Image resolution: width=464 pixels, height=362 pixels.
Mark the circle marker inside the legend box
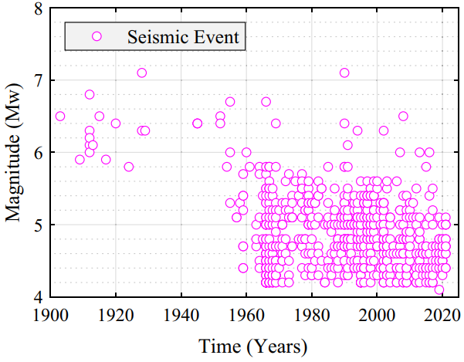coord(97,36)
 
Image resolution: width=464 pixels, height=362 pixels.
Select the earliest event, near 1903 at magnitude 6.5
coord(60,117)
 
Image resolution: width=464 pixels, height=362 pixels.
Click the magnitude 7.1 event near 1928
coord(142,73)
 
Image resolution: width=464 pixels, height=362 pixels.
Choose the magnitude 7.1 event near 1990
coord(344,73)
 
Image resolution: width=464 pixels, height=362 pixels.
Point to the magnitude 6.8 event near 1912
coord(90,95)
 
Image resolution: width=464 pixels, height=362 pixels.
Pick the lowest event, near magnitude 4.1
coord(439,289)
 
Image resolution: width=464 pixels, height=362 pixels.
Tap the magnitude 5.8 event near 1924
coord(129,167)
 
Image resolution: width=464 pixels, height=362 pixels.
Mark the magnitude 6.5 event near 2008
coord(403,117)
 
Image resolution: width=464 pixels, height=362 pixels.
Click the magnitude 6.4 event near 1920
coord(116,123)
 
